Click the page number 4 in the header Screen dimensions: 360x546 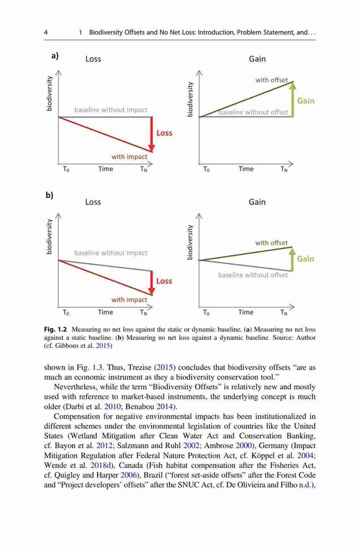(46, 32)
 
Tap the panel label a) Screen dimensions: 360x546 (55, 56)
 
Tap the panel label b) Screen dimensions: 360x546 (50, 195)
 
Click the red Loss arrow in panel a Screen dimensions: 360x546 (152, 134)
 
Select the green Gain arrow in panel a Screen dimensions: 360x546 (293, 99)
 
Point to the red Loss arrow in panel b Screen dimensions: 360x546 (152, 283)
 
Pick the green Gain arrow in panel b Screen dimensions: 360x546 (292, 259)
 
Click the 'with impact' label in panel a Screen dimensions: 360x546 (129, 157)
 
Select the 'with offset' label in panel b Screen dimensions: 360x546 (272, 243)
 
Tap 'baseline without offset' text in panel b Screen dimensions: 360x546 (253, 275)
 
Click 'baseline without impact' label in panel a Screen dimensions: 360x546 (111, 110)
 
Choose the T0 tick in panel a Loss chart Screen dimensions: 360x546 (66, 169)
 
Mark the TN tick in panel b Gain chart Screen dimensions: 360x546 (284, 313)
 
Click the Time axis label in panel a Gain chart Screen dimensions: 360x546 (246, 169)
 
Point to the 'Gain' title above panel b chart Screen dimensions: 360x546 (257, 202)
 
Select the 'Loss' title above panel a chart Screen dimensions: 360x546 (93, 59)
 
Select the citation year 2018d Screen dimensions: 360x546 (101, 465)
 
